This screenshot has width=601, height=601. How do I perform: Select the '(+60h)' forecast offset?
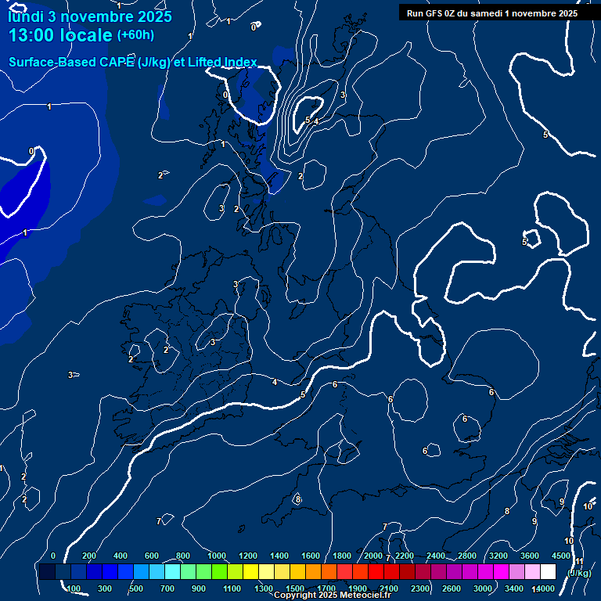[135, 35]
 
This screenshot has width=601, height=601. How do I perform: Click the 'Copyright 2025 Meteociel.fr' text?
[333, 596]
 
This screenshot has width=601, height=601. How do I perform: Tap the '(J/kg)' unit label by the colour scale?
[579, 573]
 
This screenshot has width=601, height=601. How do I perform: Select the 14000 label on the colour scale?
[543, 588]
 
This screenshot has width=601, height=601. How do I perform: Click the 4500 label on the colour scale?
[560, 556]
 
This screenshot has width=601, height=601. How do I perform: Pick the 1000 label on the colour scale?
[217, 556]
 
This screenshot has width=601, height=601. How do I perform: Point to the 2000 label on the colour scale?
[373, 556]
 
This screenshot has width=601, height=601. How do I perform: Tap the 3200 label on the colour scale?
[498, 556]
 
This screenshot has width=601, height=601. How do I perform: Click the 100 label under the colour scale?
[74, 588]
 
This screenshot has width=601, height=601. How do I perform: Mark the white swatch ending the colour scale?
[548, 572]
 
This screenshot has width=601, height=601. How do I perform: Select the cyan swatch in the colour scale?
[172, 572]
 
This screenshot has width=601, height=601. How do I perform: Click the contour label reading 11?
[579, 561]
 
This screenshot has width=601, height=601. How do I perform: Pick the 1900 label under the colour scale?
[358, 588]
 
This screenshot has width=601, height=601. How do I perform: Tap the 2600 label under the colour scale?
[452, 588]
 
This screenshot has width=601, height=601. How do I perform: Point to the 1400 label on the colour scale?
[279, 556]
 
